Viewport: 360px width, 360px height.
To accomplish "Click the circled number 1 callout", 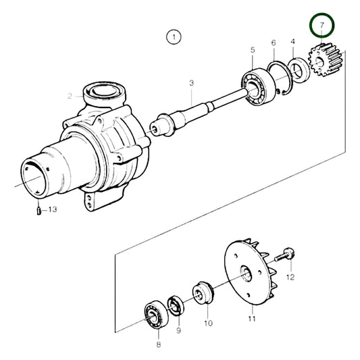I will point(174,37).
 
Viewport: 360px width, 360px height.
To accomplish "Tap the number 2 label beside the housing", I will point(70,97).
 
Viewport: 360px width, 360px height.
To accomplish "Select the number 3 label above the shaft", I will point(191,83).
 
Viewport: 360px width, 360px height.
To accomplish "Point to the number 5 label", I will point(252,50).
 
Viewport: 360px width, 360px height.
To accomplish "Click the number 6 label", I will point(274,43).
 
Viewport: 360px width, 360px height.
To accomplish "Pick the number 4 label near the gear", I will point(292,42).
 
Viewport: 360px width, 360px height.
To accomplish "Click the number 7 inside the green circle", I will point(322,26).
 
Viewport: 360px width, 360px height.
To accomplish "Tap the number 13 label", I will point(53,210).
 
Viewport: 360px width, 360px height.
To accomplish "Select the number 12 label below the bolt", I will point(290,277).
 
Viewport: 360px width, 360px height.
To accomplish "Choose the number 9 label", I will point(178,331).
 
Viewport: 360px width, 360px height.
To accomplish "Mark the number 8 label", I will point(159,344).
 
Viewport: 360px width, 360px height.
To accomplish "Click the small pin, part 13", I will point(40,211).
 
